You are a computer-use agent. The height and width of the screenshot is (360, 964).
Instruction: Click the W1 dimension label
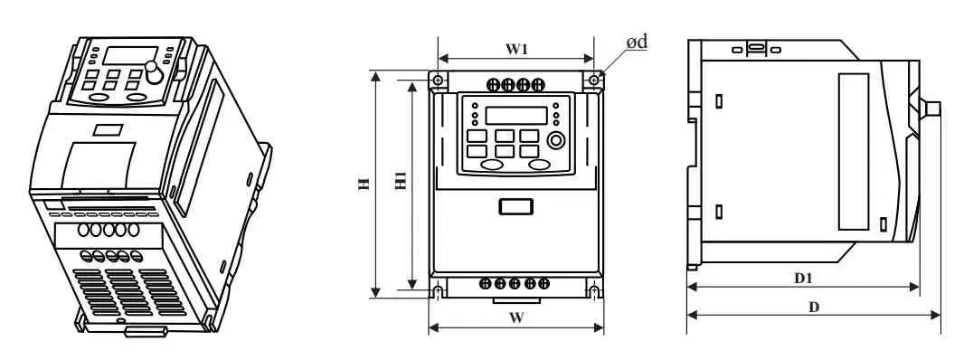pos(516,49)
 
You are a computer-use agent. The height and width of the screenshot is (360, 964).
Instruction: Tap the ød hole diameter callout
pos(637,42)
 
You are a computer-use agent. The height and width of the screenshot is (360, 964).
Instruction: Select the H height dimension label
pos(364,184)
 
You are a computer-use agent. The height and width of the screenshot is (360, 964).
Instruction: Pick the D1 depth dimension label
pos(803,279)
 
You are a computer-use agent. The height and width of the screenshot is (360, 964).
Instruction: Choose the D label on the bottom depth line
pos(813,307)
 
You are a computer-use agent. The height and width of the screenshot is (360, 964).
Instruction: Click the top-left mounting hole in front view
pos(437,80)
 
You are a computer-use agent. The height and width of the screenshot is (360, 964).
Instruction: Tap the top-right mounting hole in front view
pos(593,80)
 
